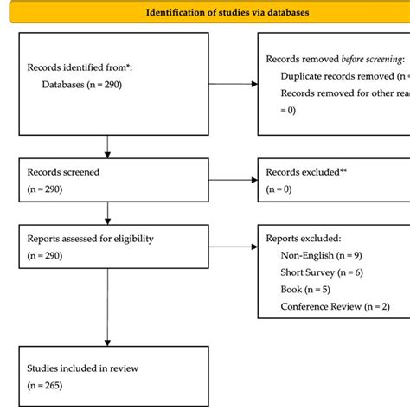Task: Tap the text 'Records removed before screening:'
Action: pyautogui.click(x=336, y=59)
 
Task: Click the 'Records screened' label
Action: pyautogui.click(x=63, y=171)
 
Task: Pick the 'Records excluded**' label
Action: pyautogui.click(x=307, y=171)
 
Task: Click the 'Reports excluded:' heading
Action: pyautogui.click(x=304, y=237)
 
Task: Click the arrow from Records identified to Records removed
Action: pyautogui.click(x=233, y=84)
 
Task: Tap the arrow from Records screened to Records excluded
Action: pyautogui.click(x=233, y=180)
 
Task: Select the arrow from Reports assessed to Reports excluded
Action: pyautogui.click(x=233, y=246)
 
